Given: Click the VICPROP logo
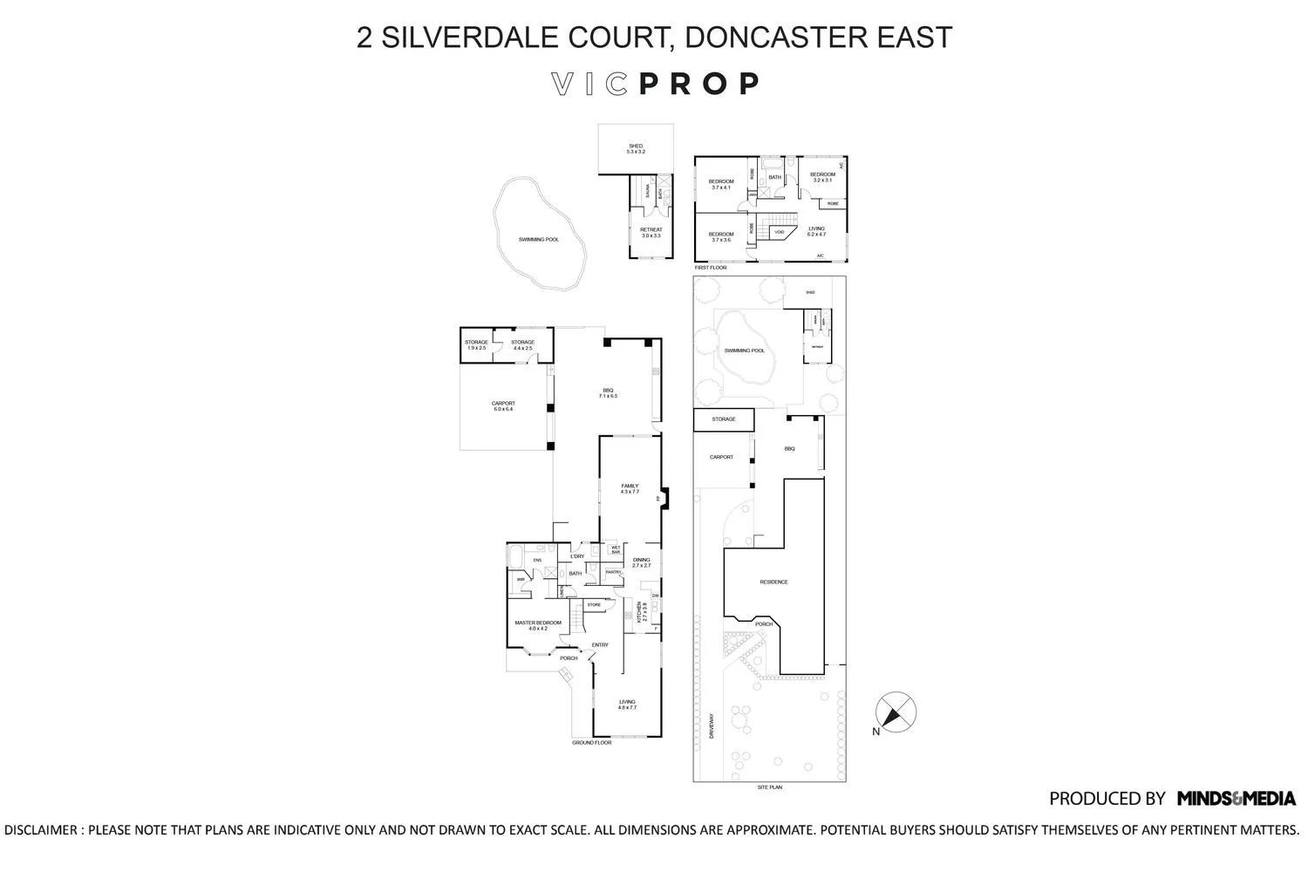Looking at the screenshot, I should [655, 84].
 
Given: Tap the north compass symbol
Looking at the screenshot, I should [896, 712].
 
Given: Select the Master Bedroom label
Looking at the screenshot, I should [537, 625].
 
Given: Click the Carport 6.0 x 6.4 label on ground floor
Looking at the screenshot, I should [503, 406].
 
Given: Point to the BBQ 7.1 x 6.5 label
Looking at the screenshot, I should [608, 393].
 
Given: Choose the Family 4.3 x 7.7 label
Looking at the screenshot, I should [630, 489].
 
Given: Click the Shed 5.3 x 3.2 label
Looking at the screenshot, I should [636, 149].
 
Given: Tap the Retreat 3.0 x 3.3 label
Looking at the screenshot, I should [651, 233].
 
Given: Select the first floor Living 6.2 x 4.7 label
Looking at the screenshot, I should [816, 231].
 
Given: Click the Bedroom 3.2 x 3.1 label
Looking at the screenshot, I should [822, 177].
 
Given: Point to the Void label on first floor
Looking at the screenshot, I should [780, 233].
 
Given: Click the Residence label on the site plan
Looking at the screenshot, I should [773, 582].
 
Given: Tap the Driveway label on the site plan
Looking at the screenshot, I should [712, 727].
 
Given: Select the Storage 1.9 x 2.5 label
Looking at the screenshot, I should [476, 345].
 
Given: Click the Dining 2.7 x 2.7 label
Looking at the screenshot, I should [642, 562].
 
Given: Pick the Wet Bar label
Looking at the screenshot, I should [616, 550].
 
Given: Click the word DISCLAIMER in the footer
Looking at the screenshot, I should [41, 830].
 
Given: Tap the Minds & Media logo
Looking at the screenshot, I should [1236, 798].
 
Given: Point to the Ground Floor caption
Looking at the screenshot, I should [591, 743].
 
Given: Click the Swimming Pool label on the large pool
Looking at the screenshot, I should [538, 239].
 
